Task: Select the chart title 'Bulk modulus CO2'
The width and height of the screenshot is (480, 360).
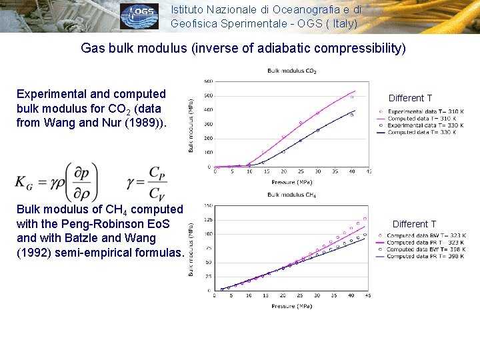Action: (x=291, y=71)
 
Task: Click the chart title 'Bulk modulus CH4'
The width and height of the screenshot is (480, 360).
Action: (x=291, y=195)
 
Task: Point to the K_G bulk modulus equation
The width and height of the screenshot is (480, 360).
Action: (x=57, y=181)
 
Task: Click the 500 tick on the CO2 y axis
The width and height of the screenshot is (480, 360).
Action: (x=208, y=95)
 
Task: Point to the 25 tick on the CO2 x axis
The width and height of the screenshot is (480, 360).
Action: (x=301, y=171)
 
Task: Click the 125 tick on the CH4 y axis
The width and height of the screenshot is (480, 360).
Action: (x=208, y=219)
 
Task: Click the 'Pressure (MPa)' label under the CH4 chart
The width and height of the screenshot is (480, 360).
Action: (x=291, y=306)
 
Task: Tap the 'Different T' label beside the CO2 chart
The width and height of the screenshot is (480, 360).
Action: (x=410, y=98)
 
